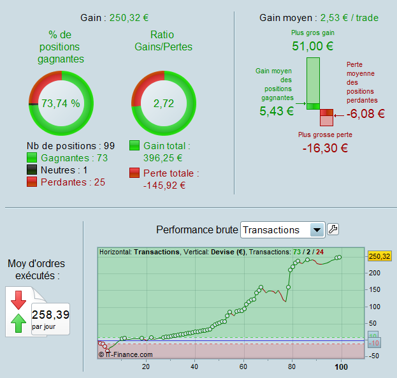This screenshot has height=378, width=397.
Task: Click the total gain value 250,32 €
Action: tap(133, 17)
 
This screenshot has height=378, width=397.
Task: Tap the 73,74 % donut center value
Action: tap(61, 103)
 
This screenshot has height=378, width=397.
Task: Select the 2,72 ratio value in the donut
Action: tap(163, 103)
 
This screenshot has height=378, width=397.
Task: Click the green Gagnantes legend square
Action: tap(32, 157)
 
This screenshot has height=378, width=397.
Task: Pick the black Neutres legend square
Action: tap(32, 170)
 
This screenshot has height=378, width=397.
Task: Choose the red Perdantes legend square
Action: tap(32, 182)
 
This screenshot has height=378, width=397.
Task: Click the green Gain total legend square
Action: tap(134, 146)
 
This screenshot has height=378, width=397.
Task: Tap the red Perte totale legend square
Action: tap(134, 173)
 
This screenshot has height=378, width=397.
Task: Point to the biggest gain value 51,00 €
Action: tap(313, 46)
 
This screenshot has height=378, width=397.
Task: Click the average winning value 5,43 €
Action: tap(277, 111)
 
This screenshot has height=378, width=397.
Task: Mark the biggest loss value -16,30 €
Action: tap(325, 148)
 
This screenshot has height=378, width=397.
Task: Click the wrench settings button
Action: tap(333, 229)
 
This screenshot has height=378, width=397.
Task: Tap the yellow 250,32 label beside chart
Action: tap(379, 256)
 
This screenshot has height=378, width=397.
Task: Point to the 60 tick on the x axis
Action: tap(243, 366)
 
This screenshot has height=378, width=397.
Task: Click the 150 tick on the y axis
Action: tap(375, 289)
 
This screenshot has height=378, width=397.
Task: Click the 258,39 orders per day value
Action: tap(50, 314)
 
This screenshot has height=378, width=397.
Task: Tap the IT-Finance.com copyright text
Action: tap(126, 354)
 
